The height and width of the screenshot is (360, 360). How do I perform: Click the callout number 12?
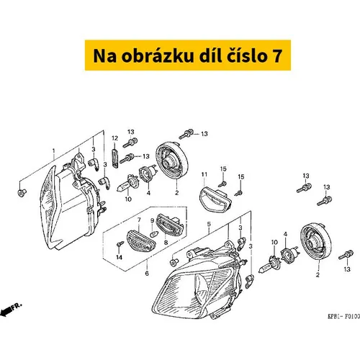(x=114, y=138)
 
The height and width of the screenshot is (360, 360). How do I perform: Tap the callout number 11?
(x=204, y=174)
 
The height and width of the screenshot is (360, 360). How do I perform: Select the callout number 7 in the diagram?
(x=139, y=220)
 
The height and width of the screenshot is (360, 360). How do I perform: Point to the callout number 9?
(x=152, y=220)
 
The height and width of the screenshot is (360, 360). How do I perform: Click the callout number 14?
(x=120, y=258)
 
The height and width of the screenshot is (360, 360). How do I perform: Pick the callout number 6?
(x=147, y=274)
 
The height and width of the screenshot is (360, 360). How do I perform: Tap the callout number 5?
(x=209, y=224)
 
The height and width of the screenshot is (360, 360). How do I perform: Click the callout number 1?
(x=54, y=151)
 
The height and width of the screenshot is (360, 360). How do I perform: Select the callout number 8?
(x=166, y=243)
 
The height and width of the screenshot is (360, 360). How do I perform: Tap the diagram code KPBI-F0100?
(x=344, y=316)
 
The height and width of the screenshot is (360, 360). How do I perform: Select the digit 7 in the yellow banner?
(x=277, y=56)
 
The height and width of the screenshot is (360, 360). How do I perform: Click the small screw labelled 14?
(x=120, y=244)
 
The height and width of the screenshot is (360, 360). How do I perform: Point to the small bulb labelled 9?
(x=154, y=233)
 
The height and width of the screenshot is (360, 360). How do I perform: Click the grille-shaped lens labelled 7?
(x=141, y=240)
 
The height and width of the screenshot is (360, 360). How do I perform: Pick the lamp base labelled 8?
(x=170, y=225)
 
